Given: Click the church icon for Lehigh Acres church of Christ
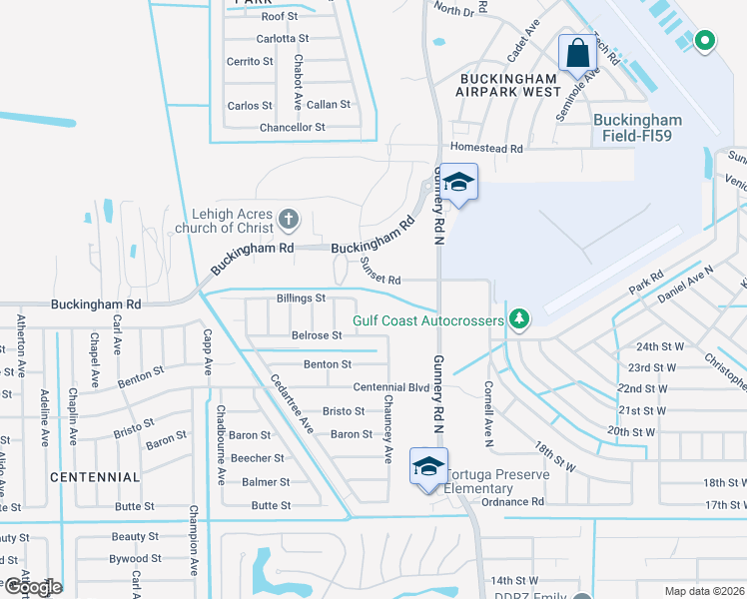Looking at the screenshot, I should pos(288,218).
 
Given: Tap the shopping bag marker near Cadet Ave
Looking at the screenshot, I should pos(578,52).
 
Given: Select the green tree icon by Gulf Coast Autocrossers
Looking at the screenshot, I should pos(518,319).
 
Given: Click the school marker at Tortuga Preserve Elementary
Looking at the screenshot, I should pos(427,467).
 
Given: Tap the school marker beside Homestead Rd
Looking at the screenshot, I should pos(458,182).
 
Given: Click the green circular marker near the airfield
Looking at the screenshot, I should pos(705,41).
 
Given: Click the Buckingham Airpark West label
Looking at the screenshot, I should pos(509,84).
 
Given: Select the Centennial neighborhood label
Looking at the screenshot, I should pos(95,477).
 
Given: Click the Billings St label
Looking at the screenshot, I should pos(301,299).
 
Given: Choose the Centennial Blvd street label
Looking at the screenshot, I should pos(390,387).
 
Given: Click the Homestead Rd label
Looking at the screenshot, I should pos(487,149).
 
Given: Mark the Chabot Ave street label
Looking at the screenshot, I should pos(298,82).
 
